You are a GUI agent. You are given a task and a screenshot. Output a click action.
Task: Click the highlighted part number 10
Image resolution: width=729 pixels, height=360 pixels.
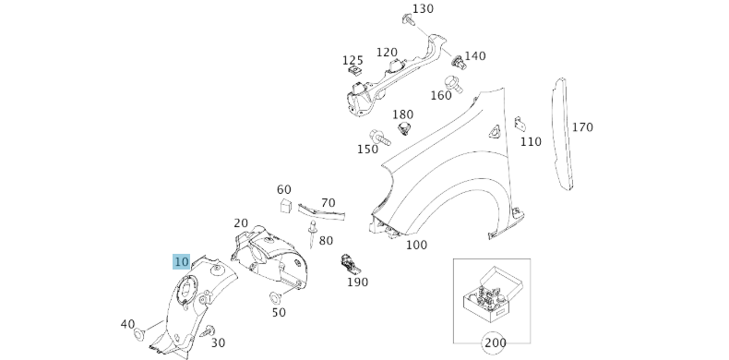point(181,262)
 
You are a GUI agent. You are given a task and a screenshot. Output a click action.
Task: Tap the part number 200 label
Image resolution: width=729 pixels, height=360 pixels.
point(495,342)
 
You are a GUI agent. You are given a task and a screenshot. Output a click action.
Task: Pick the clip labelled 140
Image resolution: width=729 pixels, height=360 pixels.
point(459,62)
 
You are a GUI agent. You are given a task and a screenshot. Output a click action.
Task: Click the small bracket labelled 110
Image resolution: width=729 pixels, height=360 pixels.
point(520,124)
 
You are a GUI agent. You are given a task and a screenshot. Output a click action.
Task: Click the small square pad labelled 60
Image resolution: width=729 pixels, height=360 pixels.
point(285,205)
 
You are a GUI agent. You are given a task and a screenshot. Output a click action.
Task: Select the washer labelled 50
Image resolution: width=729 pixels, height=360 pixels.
point(275,297)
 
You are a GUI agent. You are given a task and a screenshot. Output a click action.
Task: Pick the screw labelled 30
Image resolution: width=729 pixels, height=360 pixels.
point(209,331)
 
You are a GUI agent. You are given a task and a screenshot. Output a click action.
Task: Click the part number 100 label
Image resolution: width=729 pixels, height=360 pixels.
point(416,245)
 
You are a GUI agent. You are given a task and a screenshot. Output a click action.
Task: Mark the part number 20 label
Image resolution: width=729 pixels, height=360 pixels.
point(241,222)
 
